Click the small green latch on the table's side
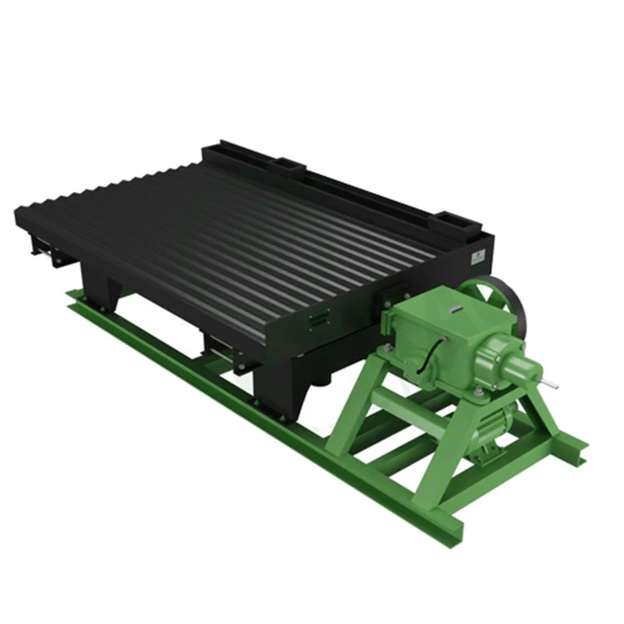[x=318, y=317]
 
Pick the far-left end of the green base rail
[x=72, y=296]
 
